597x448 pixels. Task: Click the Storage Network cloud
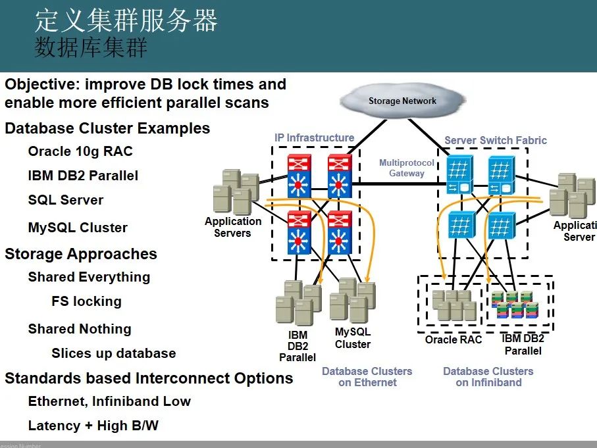click(x=402, y=101)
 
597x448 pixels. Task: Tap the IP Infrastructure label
click(x=314, y=137)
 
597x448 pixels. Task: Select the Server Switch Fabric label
click(x=495, y=140)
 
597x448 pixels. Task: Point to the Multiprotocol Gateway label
click(x=406, y=168)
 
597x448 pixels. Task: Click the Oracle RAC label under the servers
click(x=454, y=339)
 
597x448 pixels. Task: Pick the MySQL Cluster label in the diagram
click(x=352, y=338)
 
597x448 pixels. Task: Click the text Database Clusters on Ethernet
click(x=367, y=376)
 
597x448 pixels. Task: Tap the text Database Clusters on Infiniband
click(x=488, y=376)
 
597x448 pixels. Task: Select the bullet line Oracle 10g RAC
click(x=80, y=151)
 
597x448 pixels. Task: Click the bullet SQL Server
click(x=66, y=200)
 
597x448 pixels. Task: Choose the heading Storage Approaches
click(x=81, y=254)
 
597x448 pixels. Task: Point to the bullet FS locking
click(x=86, y=301)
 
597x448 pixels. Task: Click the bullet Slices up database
click(x=113, y=353)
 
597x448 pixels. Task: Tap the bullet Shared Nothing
click(x=80, y=329)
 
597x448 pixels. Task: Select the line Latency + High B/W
click(x=93, y=426)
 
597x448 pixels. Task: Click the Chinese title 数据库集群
click(x=91, y=48)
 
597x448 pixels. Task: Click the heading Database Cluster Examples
click(x=107, y=128)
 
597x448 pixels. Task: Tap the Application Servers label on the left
click(x=232, y=227)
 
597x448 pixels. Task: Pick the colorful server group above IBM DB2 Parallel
click(x=515, y=304)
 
